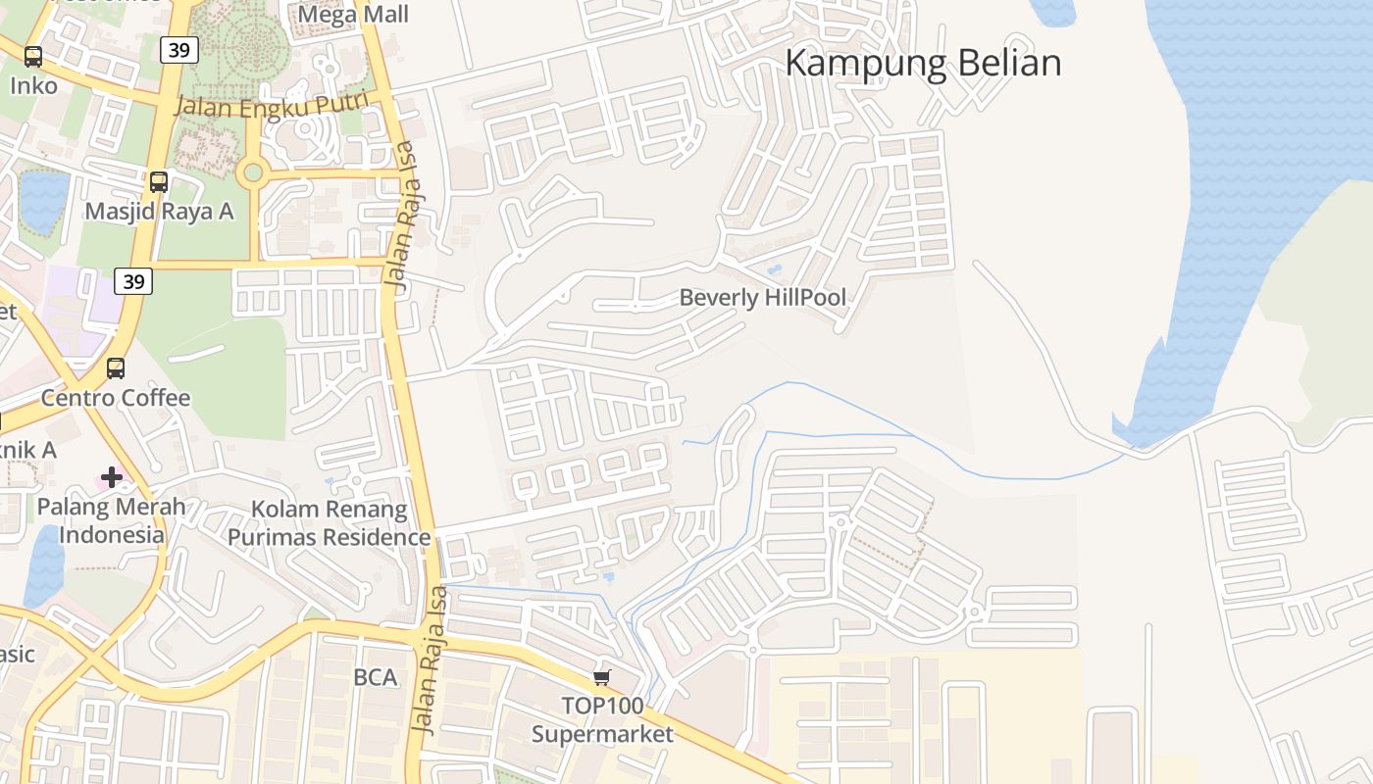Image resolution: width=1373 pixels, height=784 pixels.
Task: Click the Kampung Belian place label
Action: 923,63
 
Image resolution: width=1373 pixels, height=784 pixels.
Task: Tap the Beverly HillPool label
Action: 762,297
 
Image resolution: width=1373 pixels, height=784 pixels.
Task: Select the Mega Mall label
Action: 352,14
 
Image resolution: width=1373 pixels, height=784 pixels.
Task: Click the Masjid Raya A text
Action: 159,212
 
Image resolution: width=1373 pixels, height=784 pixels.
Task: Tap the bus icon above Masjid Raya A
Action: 158,181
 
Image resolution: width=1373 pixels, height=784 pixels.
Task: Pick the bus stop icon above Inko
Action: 33,57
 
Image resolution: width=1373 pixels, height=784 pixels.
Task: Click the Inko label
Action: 33,86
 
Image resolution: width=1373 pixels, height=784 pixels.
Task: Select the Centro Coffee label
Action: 116,398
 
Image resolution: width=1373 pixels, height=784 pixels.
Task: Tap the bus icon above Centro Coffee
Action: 116,368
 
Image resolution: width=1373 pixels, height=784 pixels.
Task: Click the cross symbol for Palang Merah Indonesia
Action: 112,477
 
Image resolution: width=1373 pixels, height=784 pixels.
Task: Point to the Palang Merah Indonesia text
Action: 111,521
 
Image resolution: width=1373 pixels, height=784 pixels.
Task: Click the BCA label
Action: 375,677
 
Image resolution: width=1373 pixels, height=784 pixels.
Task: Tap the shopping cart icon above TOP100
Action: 602,677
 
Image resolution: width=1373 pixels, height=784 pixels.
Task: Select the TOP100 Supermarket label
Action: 602,720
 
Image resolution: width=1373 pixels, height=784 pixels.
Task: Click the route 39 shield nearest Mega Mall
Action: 178,49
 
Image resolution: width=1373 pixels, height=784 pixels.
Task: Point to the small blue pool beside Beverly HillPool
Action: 775,269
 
